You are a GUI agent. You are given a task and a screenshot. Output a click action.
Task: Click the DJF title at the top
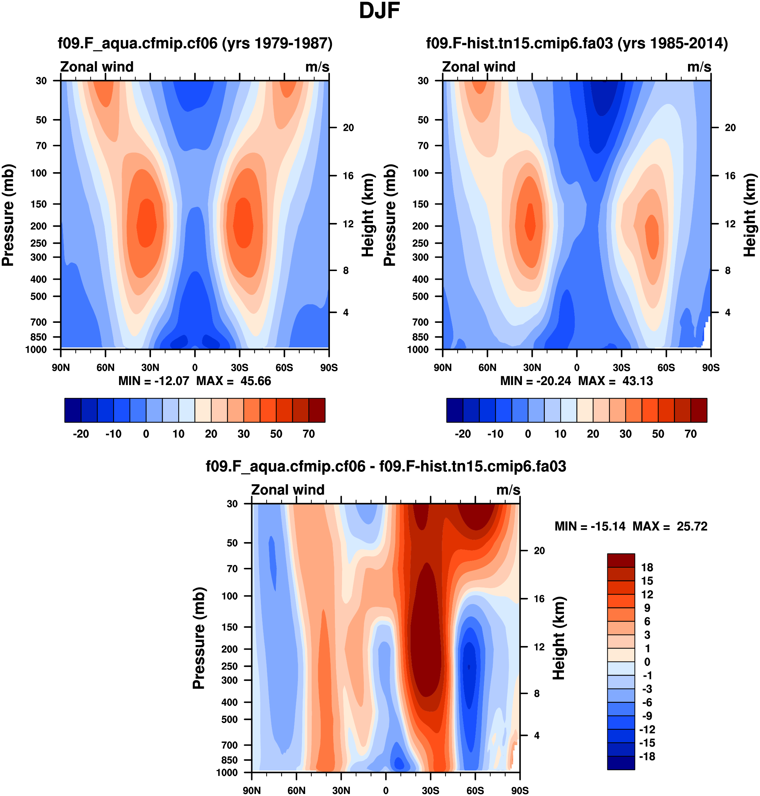(379, 11)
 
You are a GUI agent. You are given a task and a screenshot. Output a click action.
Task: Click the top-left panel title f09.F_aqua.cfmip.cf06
(138, 43)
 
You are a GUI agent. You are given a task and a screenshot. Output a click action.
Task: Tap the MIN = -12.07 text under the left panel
(154, 381)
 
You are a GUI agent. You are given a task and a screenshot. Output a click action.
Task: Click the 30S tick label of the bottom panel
(430, 790)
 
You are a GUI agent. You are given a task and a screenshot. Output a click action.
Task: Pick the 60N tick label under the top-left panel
(105, 368)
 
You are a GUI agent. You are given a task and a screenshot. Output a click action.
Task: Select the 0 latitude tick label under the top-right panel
(576, 368)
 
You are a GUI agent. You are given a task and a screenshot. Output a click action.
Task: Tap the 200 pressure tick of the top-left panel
(39, 226)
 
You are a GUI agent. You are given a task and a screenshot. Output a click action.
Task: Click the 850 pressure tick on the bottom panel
(230, 760)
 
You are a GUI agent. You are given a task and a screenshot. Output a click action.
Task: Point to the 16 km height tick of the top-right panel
(730, 176)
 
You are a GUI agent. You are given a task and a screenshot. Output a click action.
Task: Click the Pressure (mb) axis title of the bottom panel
(199, 638)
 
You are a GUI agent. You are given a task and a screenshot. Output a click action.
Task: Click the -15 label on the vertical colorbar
(647, 743)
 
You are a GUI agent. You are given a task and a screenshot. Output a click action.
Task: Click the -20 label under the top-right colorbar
(463, 434)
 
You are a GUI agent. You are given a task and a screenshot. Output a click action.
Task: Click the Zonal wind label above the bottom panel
(288, 490)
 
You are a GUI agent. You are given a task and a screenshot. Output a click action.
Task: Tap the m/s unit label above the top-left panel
(317, 67)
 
